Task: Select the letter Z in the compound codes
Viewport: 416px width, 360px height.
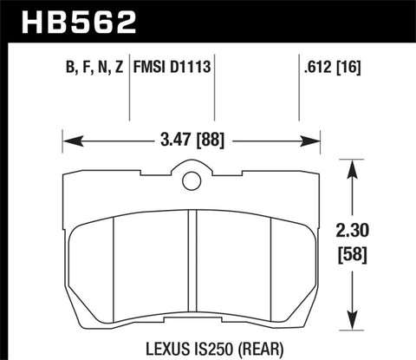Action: (x=119, y=67)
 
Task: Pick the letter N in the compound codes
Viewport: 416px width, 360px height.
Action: (x=102, y=67)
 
